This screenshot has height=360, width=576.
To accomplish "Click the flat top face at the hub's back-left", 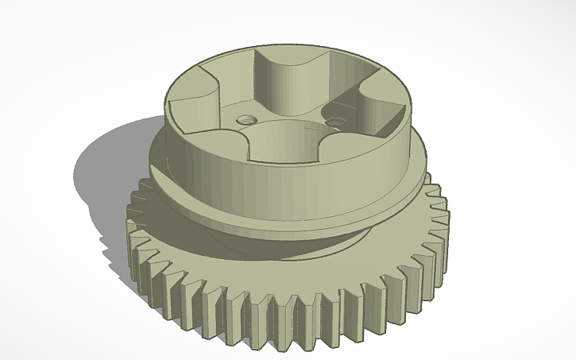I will coord(215,68).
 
